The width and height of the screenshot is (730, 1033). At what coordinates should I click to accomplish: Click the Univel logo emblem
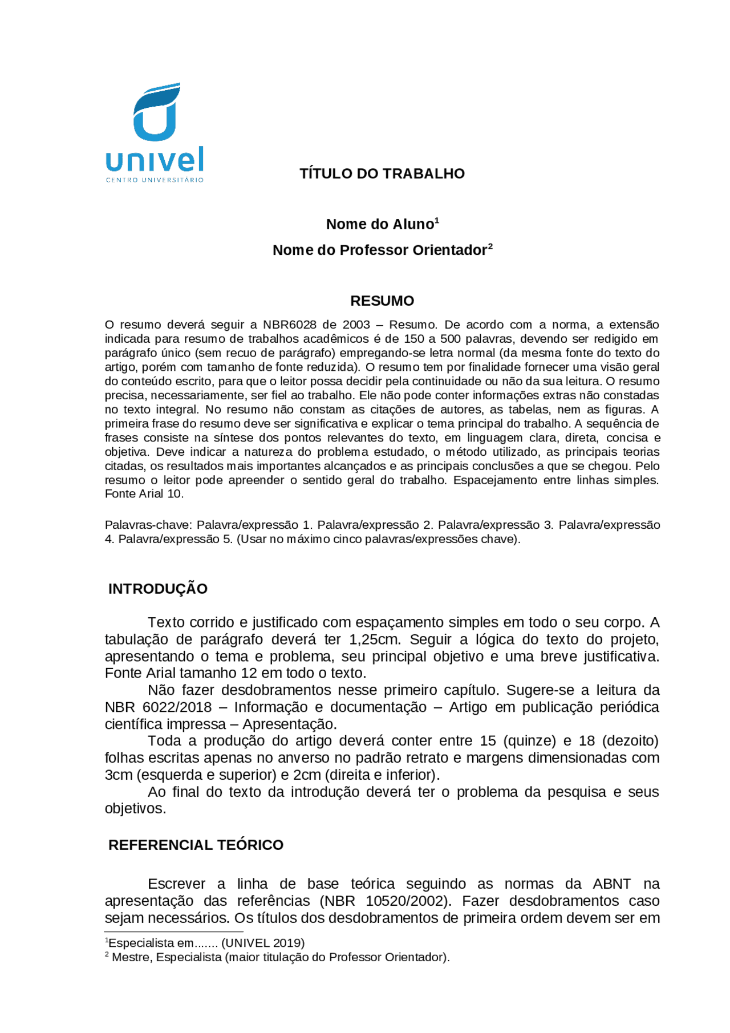click(156, 112)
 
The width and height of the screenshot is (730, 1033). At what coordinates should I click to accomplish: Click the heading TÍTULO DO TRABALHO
click(382, 173)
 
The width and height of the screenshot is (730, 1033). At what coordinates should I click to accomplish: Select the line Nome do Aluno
click(380, 224)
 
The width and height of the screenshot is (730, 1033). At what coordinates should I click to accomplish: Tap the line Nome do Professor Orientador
click(380, 250)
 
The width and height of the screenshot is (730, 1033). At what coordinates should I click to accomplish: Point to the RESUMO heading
click(382, 301)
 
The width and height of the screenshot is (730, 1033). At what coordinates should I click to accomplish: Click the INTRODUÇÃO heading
click(158, 589)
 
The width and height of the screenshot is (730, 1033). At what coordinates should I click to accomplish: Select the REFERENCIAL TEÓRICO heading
click(196, 845)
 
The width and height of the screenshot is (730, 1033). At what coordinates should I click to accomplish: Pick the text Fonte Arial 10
click(144, 494)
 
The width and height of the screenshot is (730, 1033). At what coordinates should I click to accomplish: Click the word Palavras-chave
click(149, 525)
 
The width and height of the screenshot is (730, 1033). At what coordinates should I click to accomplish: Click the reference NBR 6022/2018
click(158, 707)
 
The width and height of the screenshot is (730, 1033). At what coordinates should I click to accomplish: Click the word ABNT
click(611, 884)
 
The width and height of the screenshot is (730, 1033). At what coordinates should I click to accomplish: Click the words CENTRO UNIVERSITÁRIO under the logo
click(155, 180)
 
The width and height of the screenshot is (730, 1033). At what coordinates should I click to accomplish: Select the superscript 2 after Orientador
click(490, 246)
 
